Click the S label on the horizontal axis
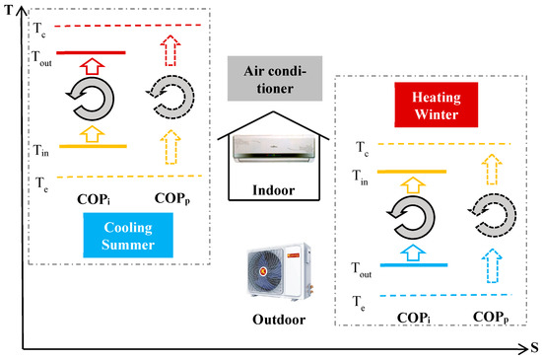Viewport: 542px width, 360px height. (x=533, y=348)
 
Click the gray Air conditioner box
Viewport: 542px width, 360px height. (x=269, y=78)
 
